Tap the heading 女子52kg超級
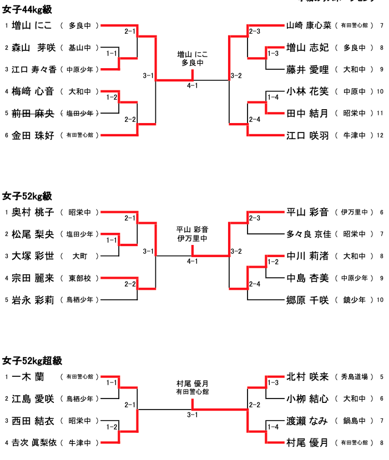click(31, 361)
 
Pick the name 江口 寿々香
click(34, 69)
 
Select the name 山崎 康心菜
click(309, 25)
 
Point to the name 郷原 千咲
click(307, 300)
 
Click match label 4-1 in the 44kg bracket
click(193, 85)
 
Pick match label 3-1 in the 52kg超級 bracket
click(193, 415)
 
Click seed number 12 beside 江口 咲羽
click(380, 135)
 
